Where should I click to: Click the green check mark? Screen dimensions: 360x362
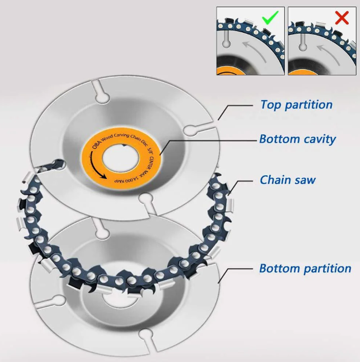tap(270, 17)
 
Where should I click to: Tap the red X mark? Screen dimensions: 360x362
tap(342, 18)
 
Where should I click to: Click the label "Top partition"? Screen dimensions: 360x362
tap(297, 105)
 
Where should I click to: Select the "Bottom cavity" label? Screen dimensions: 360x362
tap(298, 139)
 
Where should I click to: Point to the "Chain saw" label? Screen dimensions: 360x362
tap(288, 180)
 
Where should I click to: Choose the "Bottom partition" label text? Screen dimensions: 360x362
tap(305, 269)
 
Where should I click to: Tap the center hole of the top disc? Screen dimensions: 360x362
tap(121, 157)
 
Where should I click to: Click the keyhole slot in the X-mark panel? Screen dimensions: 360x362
tap(303, 42)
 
